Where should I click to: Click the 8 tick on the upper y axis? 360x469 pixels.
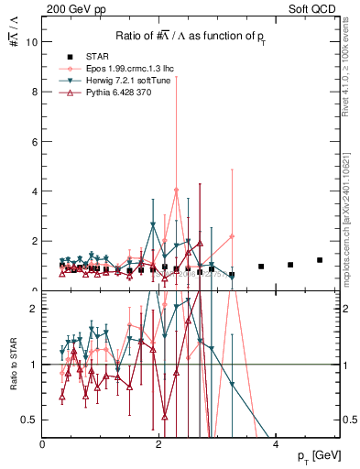coord(35,92)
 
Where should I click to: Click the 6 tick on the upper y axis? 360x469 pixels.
coord(35,142)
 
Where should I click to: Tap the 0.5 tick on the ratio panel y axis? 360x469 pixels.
coord(30,420)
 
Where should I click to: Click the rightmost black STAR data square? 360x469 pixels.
coord(320,260)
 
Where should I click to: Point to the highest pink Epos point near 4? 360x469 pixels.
coord(176,190)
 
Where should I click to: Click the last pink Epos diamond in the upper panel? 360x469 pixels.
coord(232,236)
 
